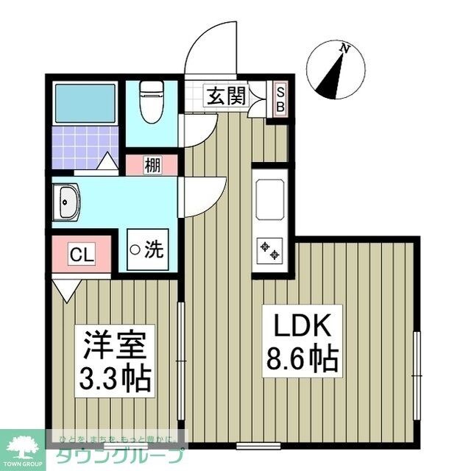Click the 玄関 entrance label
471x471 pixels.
tap(226, 96)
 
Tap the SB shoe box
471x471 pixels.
tap(280, 97)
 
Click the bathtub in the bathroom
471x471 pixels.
tap(84, 101)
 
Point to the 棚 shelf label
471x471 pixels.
tap(152, 165)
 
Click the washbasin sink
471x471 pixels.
tap(68, 202)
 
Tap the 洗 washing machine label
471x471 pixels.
tap(154, 250)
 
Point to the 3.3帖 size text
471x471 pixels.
tap(116, 379)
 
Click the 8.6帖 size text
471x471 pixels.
tap(300, 360)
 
